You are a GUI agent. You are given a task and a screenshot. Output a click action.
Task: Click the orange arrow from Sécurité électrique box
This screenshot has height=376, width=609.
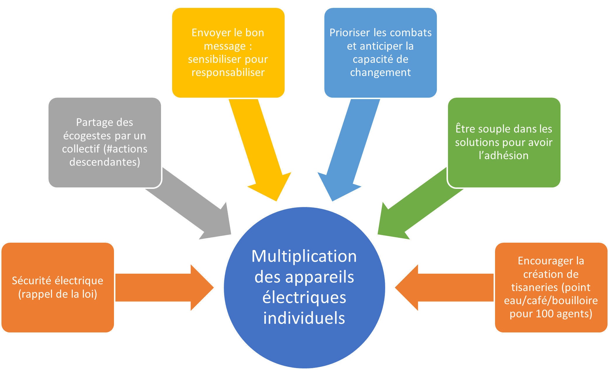pos(165,287)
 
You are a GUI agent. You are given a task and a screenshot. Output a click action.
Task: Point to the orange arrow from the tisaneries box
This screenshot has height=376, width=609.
pos(444,287)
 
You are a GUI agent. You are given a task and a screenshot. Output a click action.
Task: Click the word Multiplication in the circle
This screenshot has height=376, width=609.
pos(304,256)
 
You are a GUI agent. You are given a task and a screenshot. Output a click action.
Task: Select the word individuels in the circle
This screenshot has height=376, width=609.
pos(304,318)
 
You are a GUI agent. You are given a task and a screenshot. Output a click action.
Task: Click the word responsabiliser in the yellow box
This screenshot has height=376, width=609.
pos(228,72)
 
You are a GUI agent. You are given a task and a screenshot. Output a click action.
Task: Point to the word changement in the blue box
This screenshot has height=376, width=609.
pos(380,72)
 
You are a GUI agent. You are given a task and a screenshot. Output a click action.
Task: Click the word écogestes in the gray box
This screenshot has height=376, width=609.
pos(87,136)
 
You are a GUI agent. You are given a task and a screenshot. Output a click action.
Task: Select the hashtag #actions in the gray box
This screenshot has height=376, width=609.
pos(127,149)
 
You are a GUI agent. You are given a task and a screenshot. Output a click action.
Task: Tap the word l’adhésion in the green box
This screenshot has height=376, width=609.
pos(504,155)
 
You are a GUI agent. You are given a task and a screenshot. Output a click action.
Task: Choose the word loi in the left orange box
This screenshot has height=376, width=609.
pos(89,294)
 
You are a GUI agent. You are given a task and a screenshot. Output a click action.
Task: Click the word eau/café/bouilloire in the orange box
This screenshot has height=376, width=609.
pos(551,300)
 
